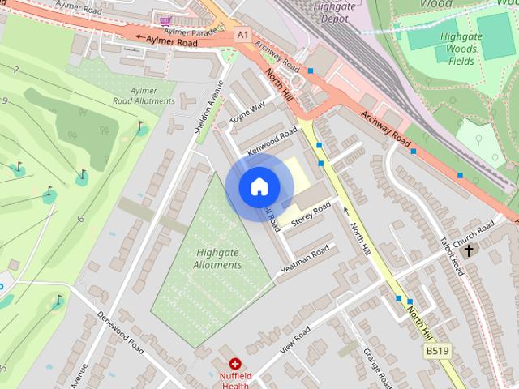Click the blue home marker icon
[259, 186]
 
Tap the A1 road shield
[242, 34]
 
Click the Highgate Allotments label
[217, 259]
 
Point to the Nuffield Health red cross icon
[235, 365]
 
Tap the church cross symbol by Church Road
[468, 250]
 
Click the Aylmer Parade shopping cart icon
[166, 19]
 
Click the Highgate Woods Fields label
[461, 49]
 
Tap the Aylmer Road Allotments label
[144, 96]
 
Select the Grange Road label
[379, 369]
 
